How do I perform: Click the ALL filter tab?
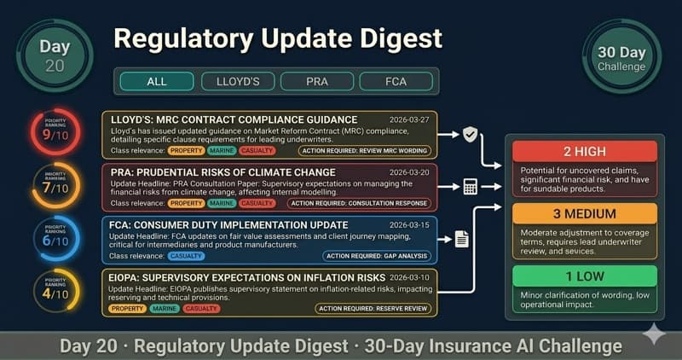[x=156, y=82]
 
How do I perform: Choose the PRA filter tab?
[x=316, y=82]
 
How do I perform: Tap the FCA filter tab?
[x=396, y=82]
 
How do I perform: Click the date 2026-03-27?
[x=407, y=119]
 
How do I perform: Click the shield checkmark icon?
[x=470, y=134]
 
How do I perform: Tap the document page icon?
[x=461, y=239]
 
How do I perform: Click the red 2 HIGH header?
[x=584, y=151]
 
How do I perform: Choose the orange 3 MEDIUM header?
[x=584, y=213]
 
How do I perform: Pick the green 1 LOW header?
[x=584, y=276]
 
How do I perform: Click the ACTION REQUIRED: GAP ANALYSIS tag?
[x=377, y=256]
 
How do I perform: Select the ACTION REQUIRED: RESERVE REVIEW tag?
[x=373, y=308]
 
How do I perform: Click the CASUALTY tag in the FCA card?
[x=186, y=256]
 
